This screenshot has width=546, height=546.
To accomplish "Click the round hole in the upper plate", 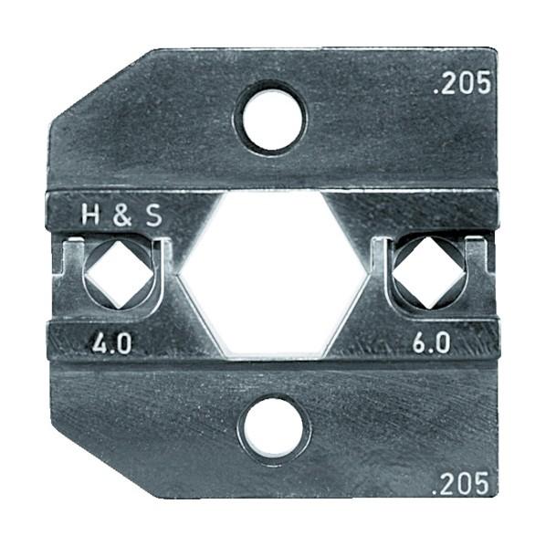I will click(x=271, y=117).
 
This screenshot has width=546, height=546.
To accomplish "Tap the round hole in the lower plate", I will click(x=272, y=425).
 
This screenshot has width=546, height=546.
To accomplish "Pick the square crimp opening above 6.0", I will click(x=426, y=271).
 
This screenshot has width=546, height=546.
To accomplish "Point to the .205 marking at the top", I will click(x=461, y=84).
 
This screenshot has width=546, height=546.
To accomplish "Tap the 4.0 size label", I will click(x=111, y=345).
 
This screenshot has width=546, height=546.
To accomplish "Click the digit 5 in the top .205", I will click(x=483, y=84).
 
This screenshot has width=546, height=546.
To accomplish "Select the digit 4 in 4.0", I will click(x=98, y=345).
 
